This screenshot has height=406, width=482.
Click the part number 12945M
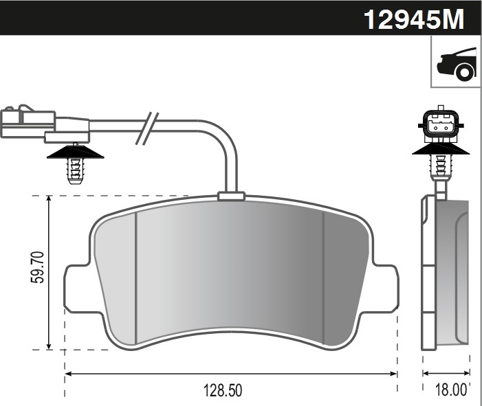click(414, 19)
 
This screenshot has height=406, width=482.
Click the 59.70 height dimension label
click(38, 267)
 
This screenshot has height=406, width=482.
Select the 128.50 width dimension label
click(223, 391)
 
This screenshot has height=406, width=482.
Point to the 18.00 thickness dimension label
click(451, 390)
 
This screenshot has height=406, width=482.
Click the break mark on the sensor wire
click(147, 128)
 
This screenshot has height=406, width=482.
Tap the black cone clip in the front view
click(76, 152)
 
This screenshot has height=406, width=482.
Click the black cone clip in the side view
click(441, 148)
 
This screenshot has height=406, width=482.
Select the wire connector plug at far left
click(45, 124)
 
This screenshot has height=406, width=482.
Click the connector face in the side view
click(441, 124)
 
